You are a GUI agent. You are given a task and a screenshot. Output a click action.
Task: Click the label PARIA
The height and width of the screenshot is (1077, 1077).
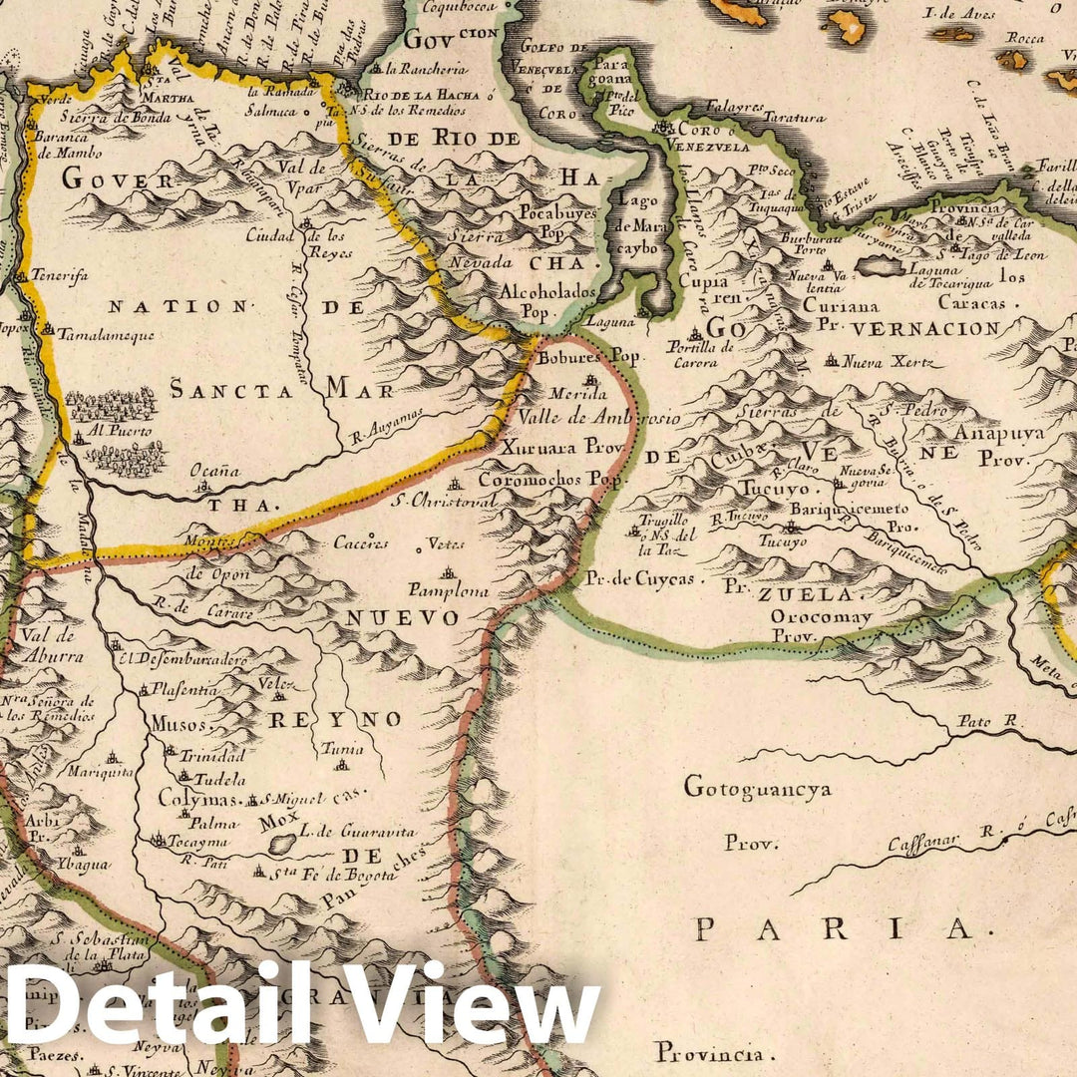[x=834, y=929]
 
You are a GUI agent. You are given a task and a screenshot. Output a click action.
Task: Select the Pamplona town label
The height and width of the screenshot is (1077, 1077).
[x=448, y=590]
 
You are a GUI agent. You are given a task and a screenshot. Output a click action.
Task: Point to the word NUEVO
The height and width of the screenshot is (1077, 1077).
[x=402, y=618]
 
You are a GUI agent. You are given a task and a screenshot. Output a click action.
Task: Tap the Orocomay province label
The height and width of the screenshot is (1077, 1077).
[x=821, y=618]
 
